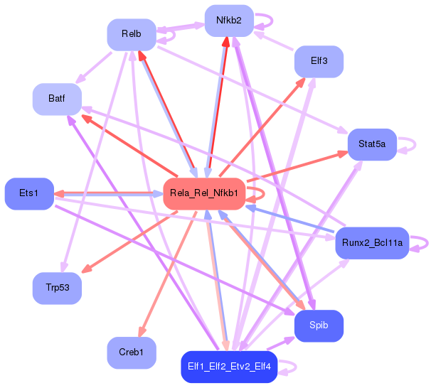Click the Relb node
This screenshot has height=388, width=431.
click(132, 34)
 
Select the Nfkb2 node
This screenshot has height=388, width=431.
click(229, 21)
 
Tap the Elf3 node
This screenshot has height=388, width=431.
click(319, 61)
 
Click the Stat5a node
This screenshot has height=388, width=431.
click(372, 144)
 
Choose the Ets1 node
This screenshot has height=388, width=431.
click(29, 193)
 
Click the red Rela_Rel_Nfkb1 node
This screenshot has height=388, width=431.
click(205, 193)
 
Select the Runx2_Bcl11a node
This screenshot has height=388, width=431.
click(372, 243)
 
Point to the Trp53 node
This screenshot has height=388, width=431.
click(57, 289)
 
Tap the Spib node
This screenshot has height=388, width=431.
click(319, 325)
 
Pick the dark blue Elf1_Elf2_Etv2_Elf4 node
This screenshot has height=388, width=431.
click(229, 367)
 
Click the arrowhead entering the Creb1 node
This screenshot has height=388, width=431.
click(142, 333)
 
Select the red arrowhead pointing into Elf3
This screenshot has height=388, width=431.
click(302, 81)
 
